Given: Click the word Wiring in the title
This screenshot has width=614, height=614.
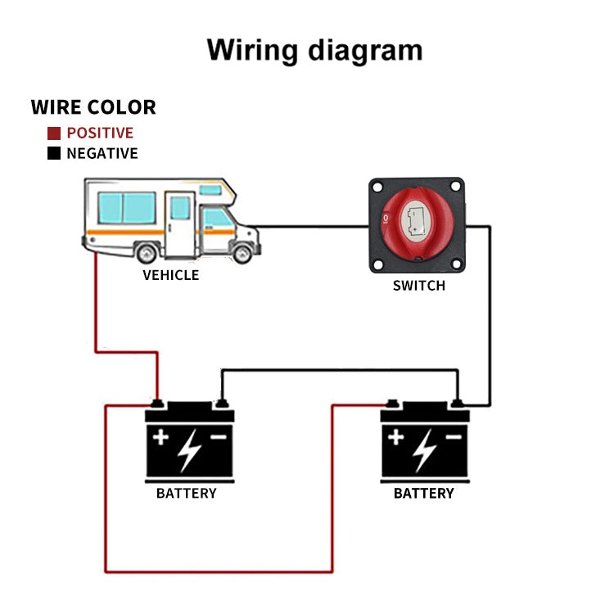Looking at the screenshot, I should pos(252,50).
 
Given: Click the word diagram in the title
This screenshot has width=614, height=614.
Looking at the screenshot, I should pos(365,51).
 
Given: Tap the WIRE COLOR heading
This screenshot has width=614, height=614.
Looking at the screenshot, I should pos(93,107).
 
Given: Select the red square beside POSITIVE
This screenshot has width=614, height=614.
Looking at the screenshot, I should pos(54,133).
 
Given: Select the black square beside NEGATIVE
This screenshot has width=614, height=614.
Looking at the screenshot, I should pos(54,153).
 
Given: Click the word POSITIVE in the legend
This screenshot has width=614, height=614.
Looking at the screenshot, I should pos(100,133).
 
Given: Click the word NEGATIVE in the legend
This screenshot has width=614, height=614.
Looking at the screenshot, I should pos(102,153).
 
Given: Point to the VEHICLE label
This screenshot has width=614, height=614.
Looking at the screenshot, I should pos(170,275).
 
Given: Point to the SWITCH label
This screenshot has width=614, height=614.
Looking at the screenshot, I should pos(419,286).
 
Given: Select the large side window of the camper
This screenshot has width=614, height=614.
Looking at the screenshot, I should pos(127,208).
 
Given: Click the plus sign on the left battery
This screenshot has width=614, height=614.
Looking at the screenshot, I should pos(160,437).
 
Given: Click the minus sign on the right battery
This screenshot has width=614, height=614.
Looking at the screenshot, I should pos(454,437).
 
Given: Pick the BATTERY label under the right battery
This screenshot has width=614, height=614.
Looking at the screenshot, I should pos(423,494).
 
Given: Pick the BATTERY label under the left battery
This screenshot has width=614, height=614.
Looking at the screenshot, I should pos(187,494).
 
